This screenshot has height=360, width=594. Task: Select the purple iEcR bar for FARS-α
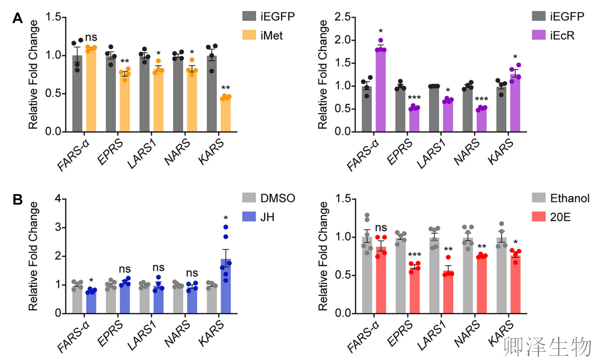(x=381, y=90)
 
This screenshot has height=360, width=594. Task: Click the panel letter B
(x=18, y=200)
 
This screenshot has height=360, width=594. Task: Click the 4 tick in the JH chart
(x=58, y=199)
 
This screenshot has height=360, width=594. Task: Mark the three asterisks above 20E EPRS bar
(x=415, y=254)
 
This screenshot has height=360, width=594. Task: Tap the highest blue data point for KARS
(x=226, y=227)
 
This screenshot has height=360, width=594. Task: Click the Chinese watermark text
(x=547, y=346)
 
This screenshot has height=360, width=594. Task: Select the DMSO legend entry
(x=268, y=198)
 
